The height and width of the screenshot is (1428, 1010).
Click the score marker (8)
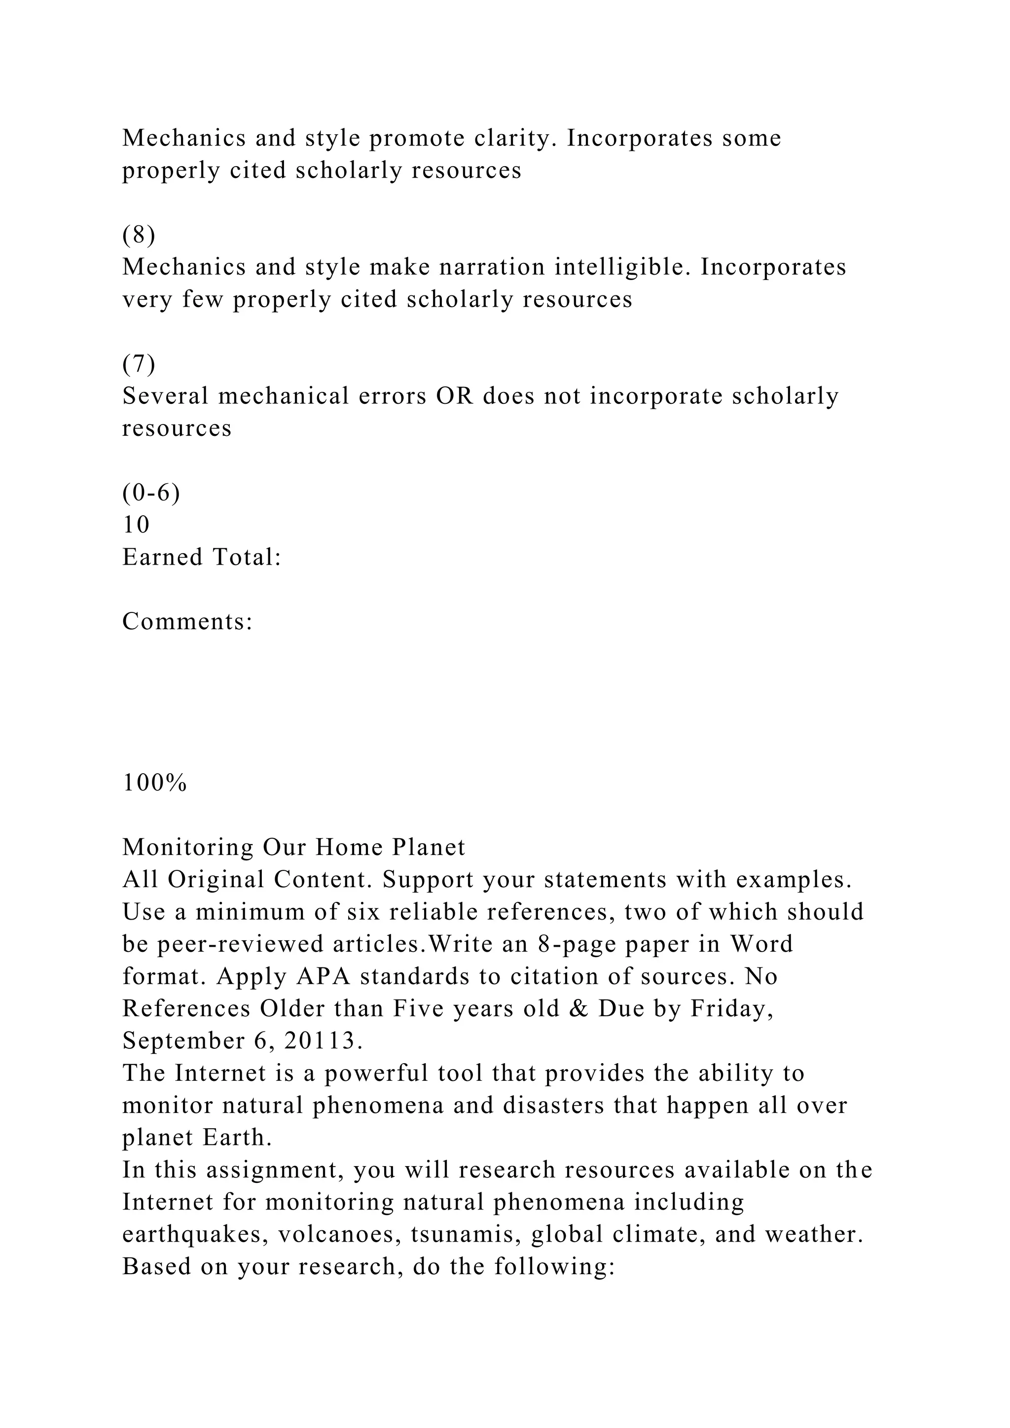tap(139, 235)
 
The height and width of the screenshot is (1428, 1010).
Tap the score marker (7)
tap(139, 364)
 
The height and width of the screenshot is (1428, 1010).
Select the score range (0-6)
tap(151, 493)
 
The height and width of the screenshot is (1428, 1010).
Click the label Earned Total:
tap(202, 557)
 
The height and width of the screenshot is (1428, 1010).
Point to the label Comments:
tap(187, 621)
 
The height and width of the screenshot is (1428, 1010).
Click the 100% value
tap(154, 783)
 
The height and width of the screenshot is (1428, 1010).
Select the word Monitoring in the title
tap(188, 848)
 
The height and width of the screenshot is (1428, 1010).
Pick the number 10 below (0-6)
tap(136, 525)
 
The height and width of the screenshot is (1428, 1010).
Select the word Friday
tap(731, 1009)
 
